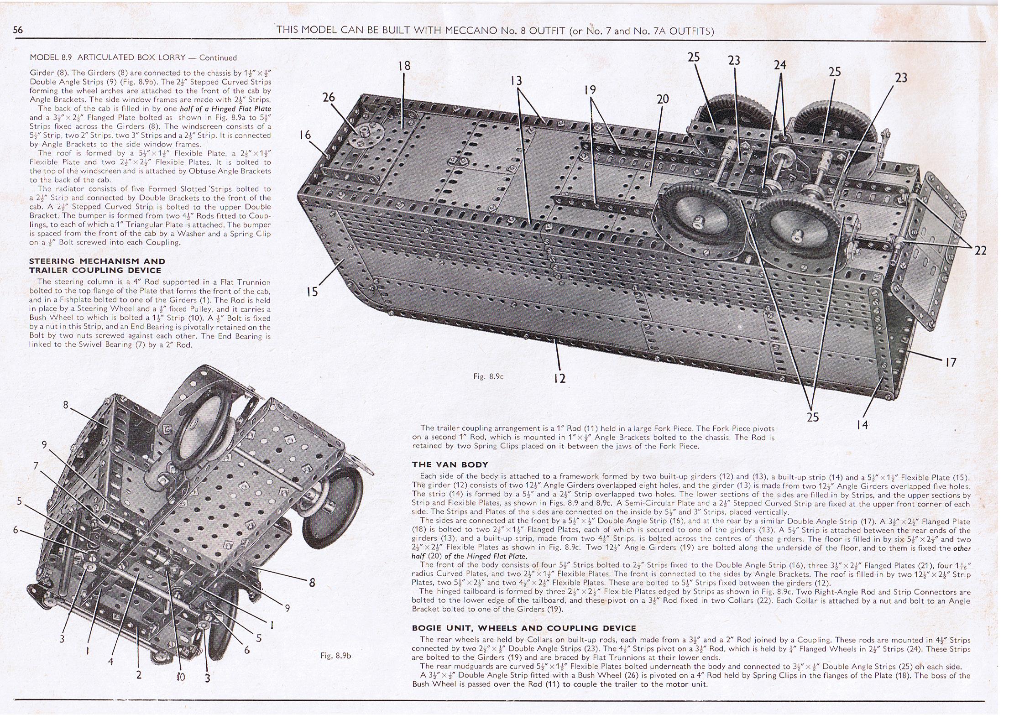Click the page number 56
tap(18, 30)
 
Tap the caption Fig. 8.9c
tap(488, 376)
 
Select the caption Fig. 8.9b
tap(335, 656)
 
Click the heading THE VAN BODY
tap(450, 464)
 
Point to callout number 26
tap(329, 97)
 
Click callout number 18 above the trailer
tap(404, 66)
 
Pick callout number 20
tap(663, 99)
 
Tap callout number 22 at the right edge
tap(980, 250)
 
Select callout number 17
tap(951, 363)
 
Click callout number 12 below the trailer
tap(559, 378)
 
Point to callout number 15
tap(312, 292)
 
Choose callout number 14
tap(862, 425)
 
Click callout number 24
tap(780, 65)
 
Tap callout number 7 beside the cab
tap(36, 465)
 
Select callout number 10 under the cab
tap(181, 677)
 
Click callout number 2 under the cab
tap(139, 675)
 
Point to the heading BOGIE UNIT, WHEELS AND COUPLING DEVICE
tap(524, 628)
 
